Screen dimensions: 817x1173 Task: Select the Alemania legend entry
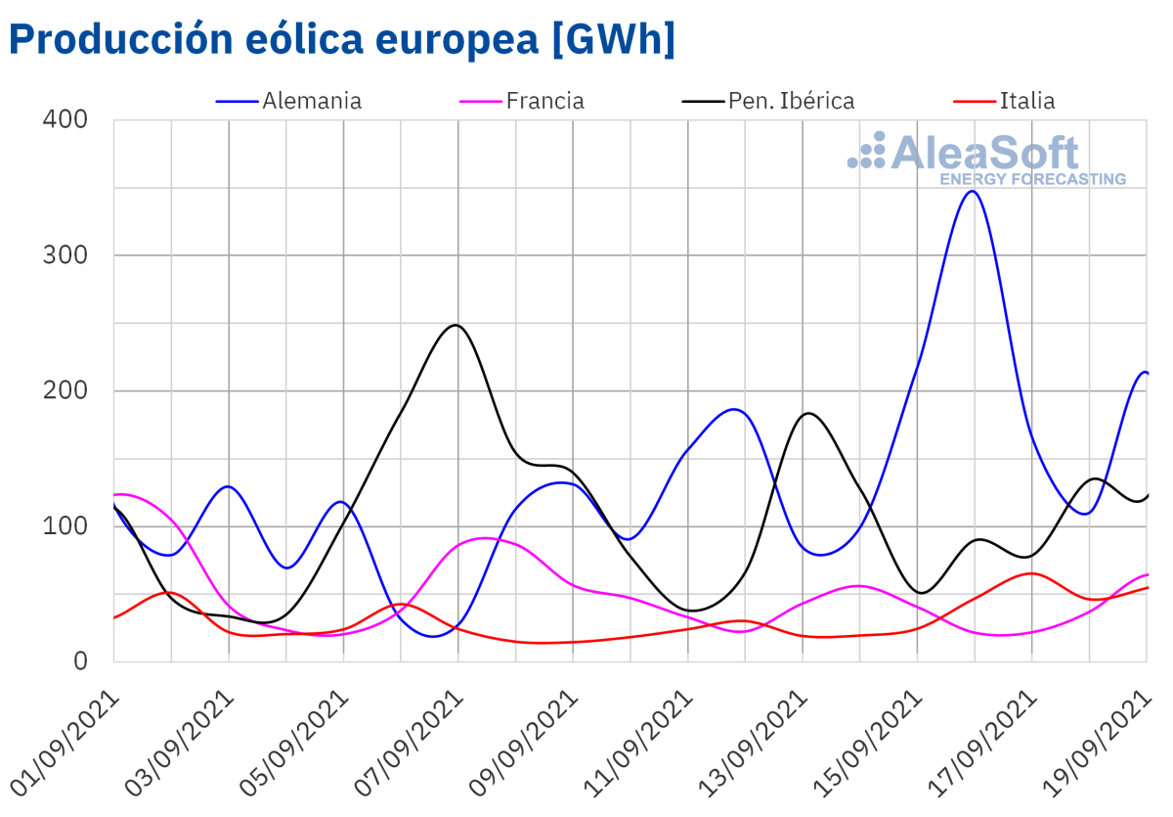312,101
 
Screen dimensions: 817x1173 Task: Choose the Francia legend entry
544,101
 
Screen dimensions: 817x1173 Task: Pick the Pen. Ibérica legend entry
791,101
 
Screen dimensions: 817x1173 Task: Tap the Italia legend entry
1026,101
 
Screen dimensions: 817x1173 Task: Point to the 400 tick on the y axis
65,119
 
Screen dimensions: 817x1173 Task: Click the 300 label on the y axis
65,255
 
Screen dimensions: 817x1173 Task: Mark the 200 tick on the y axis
65,390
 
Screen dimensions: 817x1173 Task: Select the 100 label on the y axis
65,526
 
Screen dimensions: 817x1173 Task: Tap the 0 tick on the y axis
81,661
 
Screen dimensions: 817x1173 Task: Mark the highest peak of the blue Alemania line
973,191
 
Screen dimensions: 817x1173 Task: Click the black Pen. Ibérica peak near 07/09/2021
456,325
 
